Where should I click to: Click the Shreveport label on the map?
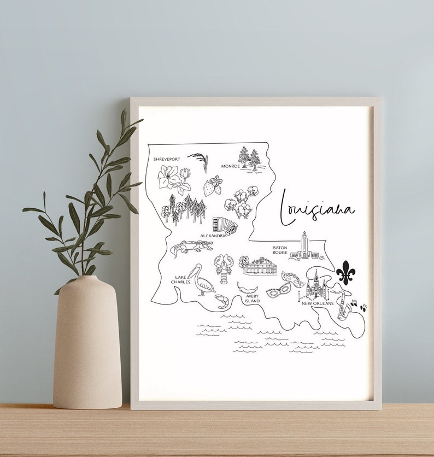pyautogui.click(x=166, y=159)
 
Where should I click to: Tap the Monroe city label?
pyautogui.click(x=230, y=166)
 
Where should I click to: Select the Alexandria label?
pyautogui.click(x=214, y=236)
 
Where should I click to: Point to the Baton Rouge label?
pyautogui.click(x=280, y=250)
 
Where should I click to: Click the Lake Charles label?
pyautogui.click(x=180, y=279)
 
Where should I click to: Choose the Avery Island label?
pyautogui.click(x=252, y=298)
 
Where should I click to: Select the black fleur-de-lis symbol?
pyautogui.click(x=345, y=272)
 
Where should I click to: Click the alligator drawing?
pyautogui.click(x=191, y=248)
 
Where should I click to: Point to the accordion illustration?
pyautogui.click(x=225, y=225)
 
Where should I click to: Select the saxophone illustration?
pyautogui.click(x=344, y=305)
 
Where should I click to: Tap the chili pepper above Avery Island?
pyautogui.click(x=247, y=288)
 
